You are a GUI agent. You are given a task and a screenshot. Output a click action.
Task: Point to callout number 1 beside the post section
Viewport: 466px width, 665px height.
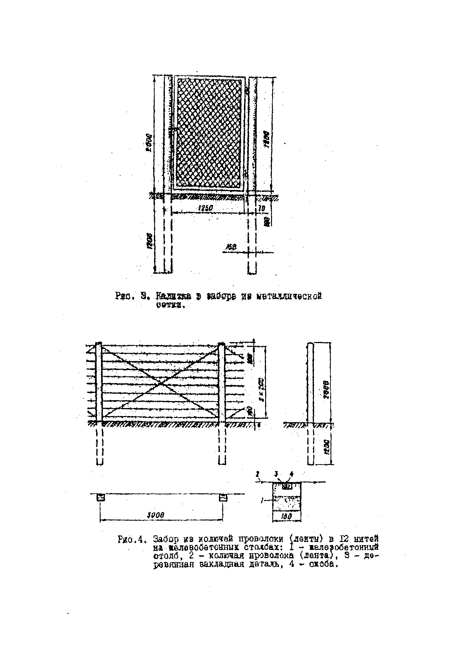click(262, 500)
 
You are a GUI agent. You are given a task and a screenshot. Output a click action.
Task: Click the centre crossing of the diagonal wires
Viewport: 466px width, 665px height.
click(160, 384)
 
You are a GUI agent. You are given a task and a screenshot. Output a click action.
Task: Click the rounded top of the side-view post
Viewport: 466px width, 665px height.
click(310, 344)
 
